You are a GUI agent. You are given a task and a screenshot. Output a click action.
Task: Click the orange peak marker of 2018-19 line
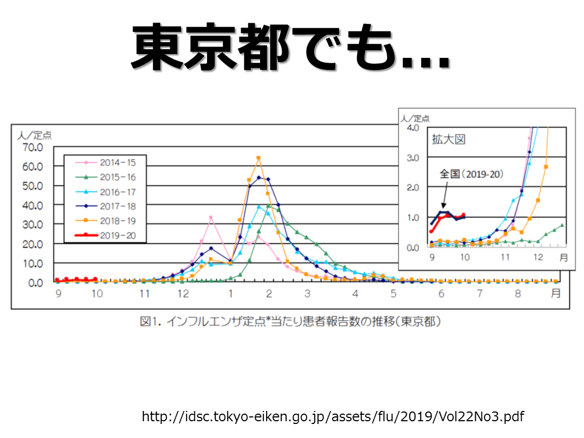258,158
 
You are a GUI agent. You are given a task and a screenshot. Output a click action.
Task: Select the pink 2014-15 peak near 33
210,218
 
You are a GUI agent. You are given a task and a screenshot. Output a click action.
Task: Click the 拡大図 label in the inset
448,140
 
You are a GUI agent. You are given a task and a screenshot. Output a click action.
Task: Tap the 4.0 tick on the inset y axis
412,128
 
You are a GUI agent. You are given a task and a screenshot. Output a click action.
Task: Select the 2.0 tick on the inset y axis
412,188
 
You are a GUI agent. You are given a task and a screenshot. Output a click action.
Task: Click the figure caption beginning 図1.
290,322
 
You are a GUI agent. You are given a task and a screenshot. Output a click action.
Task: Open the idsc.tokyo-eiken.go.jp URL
333,416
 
